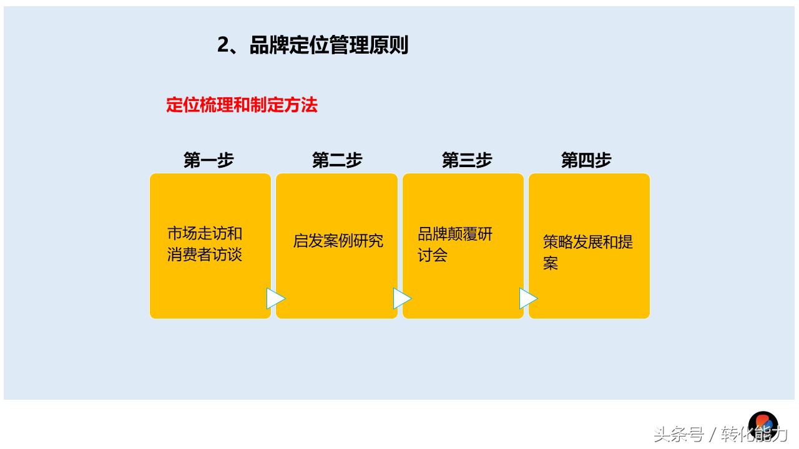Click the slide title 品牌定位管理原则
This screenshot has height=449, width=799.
pyautogui.click(x=328, y=46)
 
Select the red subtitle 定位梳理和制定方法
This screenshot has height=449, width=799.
pyautogui.click(x=242, y=105)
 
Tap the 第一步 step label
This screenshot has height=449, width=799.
pyautogui.click(x=208, y=160)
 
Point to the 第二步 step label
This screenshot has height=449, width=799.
pyautogui.click(x=337, y=160)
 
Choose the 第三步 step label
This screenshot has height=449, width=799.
pyautogui.click(x=467, y=160)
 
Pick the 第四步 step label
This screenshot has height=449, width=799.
pyautogui.click(x=586, y=160)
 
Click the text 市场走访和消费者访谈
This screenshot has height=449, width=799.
pyautogui.click(x=205, y=244)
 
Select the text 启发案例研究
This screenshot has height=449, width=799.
pyautogui.click(x=338, y=241)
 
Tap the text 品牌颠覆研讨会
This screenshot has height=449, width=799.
pyautogui.click(x=455, y=244)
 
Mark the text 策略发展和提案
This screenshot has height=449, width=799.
pyautogui.click(x=587, y=252)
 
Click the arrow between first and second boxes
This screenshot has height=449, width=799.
pyautogui.click(x=275, y=299)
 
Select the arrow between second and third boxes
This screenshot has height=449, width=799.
pyautogui.click(x=401, y=299)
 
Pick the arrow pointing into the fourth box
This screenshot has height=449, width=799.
pyautogui.click(x=527, y=299)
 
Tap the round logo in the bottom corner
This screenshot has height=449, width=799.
pyautogui.click(x=763, y=424)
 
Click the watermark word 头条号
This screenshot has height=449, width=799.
pyautogui.click(x=679, y=434)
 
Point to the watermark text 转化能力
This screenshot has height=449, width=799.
pyautogui.click(x=754, y=434)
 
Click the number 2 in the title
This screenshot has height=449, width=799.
pyautogui.click(x=223, y=46)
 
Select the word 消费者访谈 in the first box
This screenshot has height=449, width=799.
pyautogui.click(x=205, y=255)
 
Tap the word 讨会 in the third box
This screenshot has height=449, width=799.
pyautogui.click(x=433, y=255)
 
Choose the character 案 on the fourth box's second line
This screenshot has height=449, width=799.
pyautogui.click(x=551, y=263)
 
